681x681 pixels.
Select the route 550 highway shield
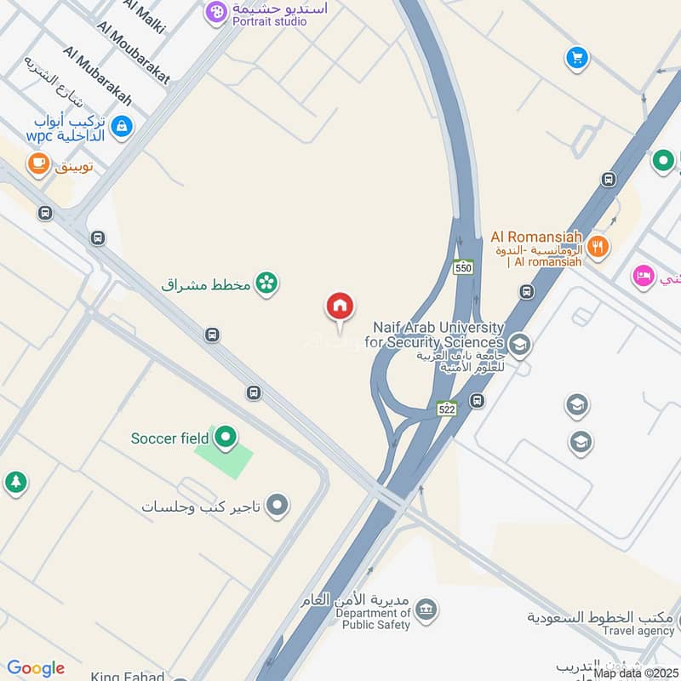coord(463,267)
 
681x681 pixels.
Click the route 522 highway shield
coord(447,409)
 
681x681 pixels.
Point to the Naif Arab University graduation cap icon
coord(519,345)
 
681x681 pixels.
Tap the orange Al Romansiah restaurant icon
coord(598,247)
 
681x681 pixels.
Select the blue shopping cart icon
coord(578,58)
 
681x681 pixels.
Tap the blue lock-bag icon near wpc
coord(123,127)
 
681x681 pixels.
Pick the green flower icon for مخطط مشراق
coord(267,283)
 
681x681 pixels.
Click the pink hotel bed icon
coord(644,277)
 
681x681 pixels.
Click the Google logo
coord(35,668)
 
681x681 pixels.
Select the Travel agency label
coord(638,631)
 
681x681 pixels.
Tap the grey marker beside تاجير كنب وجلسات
coord(277,507)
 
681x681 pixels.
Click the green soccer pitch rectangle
coord(224,460)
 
